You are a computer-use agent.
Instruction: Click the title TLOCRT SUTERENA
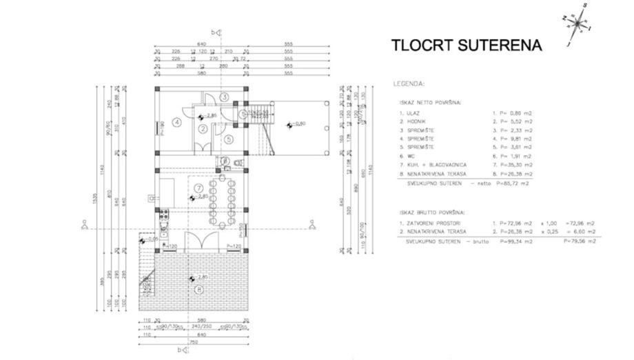coord(467,46)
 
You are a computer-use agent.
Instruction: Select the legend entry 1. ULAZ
coord(410,112)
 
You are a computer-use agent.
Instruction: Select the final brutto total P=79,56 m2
coord(579,241)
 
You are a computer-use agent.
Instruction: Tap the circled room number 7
coord(198,187)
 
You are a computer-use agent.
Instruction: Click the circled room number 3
coord(224,97)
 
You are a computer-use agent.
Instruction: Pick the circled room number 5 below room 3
coord(229,139)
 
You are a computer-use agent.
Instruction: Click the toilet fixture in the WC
coord(236,163)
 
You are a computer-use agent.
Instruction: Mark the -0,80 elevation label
coord(298,124)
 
